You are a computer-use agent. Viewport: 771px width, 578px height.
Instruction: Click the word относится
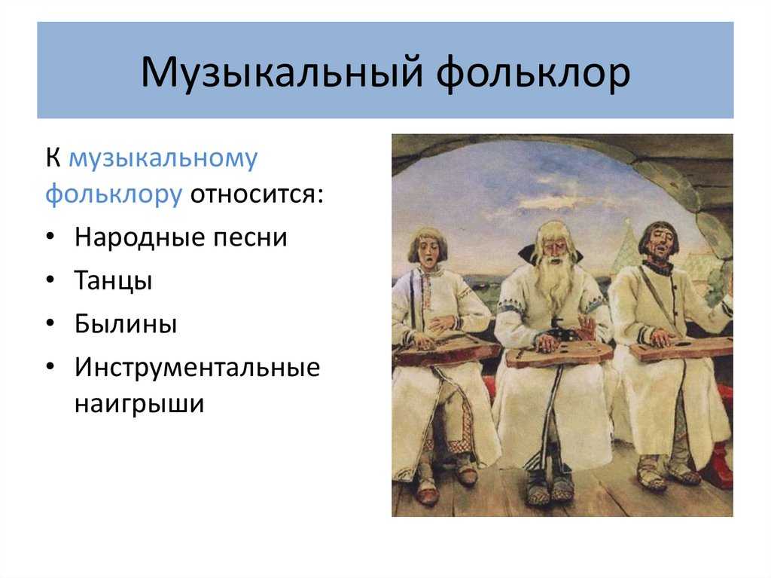(x=257, y=194)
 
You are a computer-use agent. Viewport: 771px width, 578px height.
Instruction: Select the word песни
(x=250, y=238)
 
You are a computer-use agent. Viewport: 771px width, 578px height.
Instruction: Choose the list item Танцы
(x=113, y=280)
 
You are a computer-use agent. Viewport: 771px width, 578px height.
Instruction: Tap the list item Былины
(x=126, y=324)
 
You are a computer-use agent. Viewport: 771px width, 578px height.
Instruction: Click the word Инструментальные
(x=197, y=367)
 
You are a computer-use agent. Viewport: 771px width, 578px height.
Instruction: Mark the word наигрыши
(x=139, y=404)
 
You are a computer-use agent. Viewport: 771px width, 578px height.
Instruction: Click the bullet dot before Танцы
(x=50, y=279)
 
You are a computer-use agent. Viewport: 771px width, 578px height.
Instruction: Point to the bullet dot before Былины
(x=50, y=323)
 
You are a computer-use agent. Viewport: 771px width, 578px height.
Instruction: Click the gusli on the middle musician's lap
(x=559, y=353)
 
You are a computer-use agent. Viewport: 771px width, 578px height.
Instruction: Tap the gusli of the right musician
(x=681, y=348)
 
